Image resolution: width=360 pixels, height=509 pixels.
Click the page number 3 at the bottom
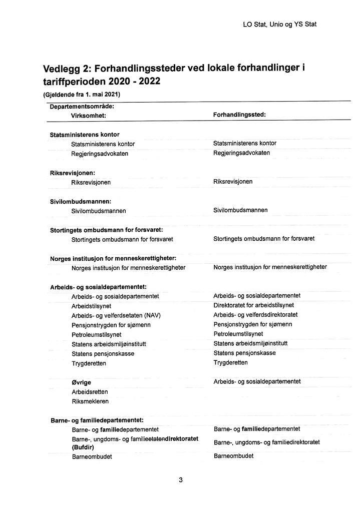tap(180, 480)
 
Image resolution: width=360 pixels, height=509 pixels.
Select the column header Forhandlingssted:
tap(239, 114)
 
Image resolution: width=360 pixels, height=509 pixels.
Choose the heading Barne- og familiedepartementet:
tap(97, 420)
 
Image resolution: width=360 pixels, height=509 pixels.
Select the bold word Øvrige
tap(81, 382)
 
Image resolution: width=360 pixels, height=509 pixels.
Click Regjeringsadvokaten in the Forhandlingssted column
tap(241, 153)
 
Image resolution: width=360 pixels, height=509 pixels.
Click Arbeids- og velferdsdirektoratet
tap(255, 315)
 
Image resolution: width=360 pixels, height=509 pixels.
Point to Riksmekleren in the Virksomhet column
tap(90, 401)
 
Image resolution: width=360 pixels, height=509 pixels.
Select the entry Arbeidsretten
tap(90, 392)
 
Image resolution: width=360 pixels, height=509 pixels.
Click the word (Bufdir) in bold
tap(83, 447)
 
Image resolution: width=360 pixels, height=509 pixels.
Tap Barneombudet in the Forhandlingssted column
tap(233, 456)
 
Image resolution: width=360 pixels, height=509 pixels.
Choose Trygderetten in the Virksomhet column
tap(89, 363)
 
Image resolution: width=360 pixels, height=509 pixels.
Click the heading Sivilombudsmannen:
tap(80, 201)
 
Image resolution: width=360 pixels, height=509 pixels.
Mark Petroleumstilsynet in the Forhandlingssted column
tap(238, 334)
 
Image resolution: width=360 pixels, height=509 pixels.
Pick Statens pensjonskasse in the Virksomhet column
tap(103, 354)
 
